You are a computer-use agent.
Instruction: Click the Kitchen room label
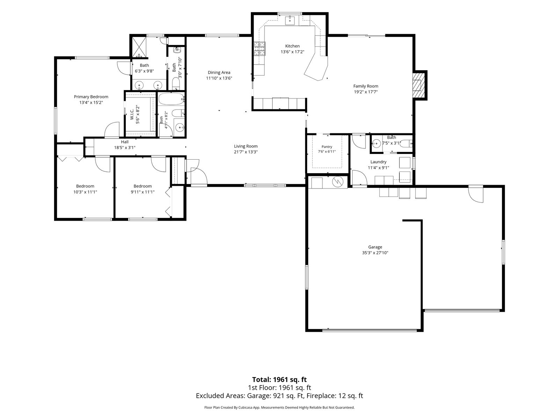pos(292,46)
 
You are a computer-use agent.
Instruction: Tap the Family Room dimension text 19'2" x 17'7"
pos(366,92)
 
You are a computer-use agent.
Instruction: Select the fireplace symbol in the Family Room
pos(419,86)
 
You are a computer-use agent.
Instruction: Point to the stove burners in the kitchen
pos(260,49)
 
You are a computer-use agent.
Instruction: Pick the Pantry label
pos(327,147)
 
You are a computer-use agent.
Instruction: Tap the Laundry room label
pos(378,162)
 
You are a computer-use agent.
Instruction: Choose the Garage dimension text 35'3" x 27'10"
pos(375,252)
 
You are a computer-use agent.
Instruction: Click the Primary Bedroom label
pos(91,97)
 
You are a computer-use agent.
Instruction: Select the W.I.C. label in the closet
pos(132,115)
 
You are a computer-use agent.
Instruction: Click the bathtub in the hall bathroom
pos(171,99)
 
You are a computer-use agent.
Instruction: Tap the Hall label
pos(125,142)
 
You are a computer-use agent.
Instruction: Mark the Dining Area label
pos(219,73)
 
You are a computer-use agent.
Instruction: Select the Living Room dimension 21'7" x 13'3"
pos(246,152)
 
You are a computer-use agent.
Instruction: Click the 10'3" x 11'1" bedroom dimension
pos(85,192)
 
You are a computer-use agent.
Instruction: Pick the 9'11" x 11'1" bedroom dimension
pos(143,192)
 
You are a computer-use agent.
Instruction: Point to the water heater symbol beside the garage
pos(338,181)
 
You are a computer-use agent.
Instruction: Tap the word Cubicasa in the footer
pos(246,407)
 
